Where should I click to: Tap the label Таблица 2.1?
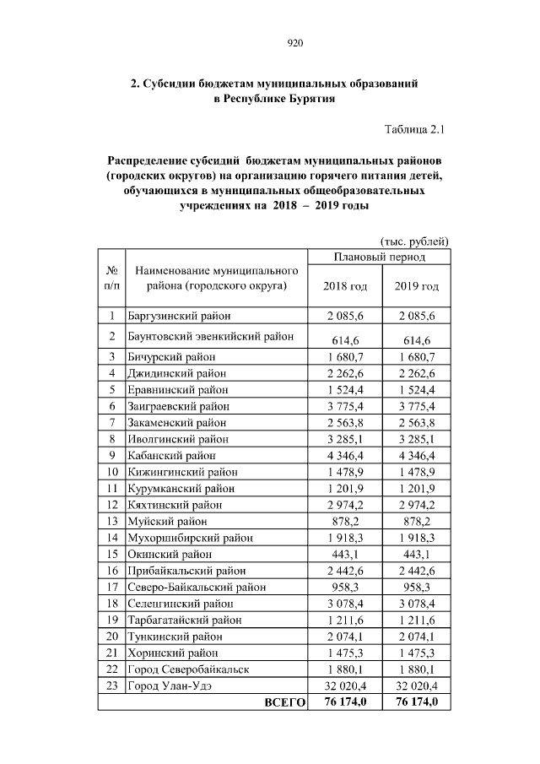tap(414, 129)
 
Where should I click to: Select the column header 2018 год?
tap(345, 286)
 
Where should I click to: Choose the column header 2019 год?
tap(416, 286)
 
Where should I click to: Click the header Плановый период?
tap(380, 257)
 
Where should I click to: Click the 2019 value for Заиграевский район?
tap(416, 406)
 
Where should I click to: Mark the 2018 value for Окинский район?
tap(345, 555)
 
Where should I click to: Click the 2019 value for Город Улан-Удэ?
tap(416, 686)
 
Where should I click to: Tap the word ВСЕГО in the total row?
tap(284, 703)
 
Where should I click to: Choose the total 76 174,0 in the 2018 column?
tap(345, 703)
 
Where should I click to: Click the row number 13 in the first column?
tap(111, 522)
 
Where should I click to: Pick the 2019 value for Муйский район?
tap(416, 522)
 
